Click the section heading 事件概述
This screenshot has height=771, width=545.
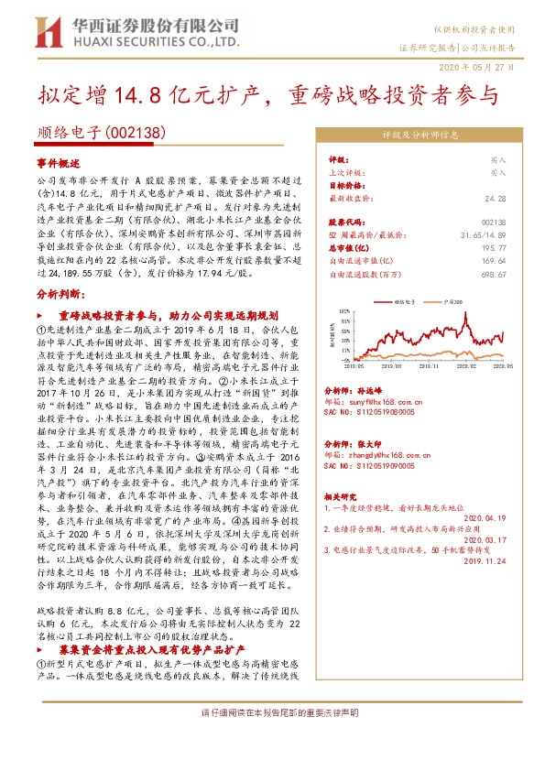point(59,160)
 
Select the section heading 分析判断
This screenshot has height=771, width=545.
point(59,295)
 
